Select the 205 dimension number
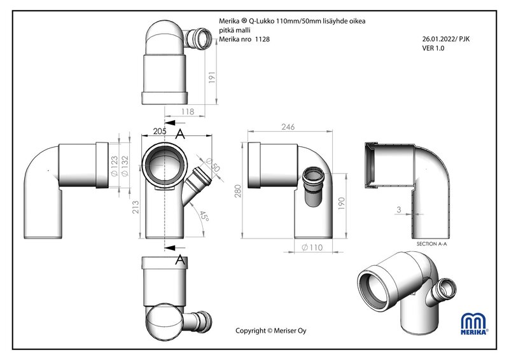(160, 131)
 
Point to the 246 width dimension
(288, 127)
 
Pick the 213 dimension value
(135, 207)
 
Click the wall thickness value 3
(398, 207)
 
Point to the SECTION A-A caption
(433, 244)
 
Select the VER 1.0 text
(435, 48)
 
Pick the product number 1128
(262, 39)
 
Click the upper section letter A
(180, 134)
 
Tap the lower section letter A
(180, 259)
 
